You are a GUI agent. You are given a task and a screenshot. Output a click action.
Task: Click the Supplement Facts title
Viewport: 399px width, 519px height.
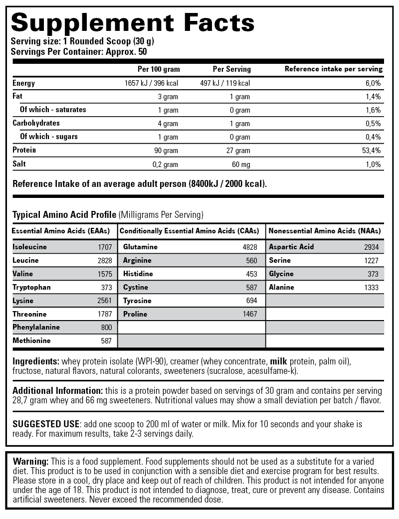click(133, 23)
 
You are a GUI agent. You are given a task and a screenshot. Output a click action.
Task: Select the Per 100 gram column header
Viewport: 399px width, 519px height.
click(159, 69)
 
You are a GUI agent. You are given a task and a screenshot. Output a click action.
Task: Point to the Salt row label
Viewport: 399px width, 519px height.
click(19, 164)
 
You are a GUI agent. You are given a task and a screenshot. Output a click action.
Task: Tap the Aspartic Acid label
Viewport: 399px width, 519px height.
click(291, 247)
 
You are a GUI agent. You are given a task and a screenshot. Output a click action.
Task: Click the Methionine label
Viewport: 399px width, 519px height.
click(32, 341)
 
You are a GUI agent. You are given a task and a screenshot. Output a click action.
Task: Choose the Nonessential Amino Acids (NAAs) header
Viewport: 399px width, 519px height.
click(325, 231)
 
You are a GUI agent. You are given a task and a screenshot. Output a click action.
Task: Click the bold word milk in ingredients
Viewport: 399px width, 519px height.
click(279, 361)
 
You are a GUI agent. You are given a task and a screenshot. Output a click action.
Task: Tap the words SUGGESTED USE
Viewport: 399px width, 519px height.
click(46, 424)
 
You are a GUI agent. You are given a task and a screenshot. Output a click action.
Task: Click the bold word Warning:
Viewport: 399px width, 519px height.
click(30, 462)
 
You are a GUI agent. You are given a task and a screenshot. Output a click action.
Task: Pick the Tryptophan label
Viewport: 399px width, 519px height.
click(32, 287)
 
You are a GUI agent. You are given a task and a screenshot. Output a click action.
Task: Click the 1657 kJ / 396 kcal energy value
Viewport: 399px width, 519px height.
click(151, 83)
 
